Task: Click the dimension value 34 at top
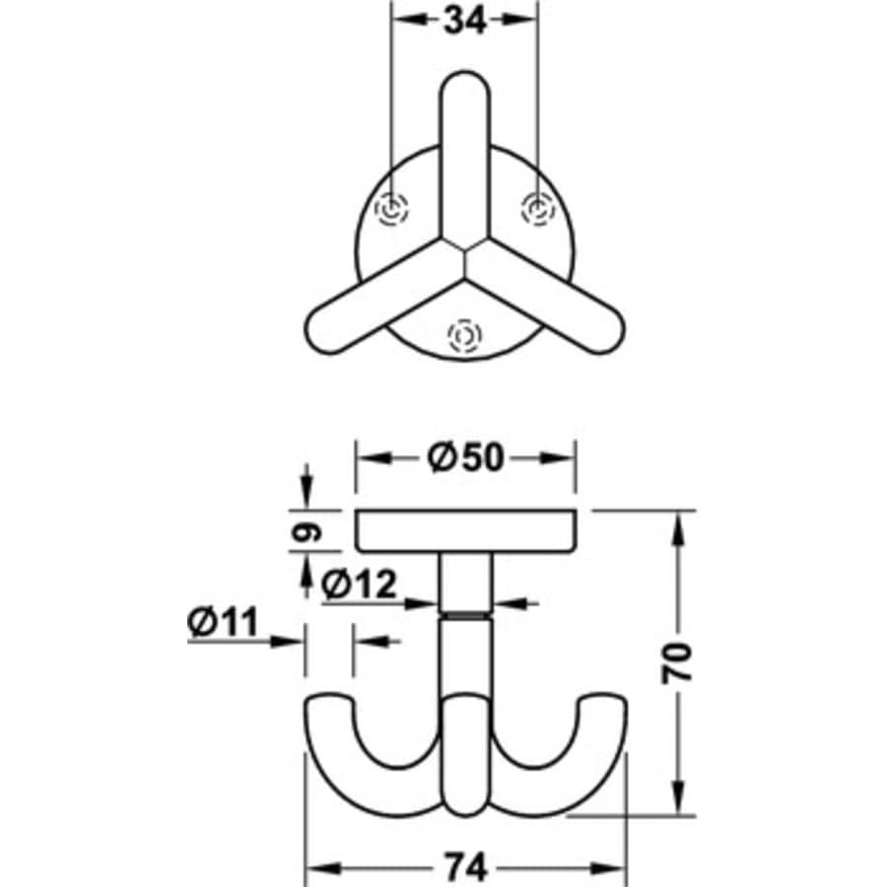(x=465, y=21)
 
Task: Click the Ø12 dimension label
(x=359, y=585)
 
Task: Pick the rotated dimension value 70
(x=681, y=662)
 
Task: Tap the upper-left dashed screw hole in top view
(x=392, y=209)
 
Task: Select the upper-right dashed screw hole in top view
(x=537, y=209)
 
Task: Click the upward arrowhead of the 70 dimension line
(x=680, y=522)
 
